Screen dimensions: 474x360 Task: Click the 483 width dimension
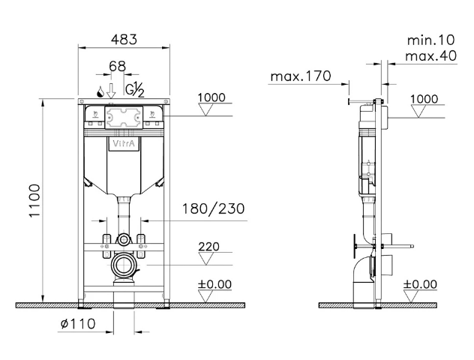coord(124,40)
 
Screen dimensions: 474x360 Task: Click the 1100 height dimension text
coord(34,200)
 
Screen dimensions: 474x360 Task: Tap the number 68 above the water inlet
coord(117,66)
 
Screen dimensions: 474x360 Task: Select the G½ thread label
coord(135,90)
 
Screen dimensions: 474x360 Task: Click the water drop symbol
coord(100,91)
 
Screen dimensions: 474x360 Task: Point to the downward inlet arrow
coord(111,91)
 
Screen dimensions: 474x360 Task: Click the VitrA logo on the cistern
coord(124,143)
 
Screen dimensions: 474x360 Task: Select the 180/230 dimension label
coord(214,208)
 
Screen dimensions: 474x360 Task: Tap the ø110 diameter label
coord(78,324)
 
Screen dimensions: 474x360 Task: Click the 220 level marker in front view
coord(208,247)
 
